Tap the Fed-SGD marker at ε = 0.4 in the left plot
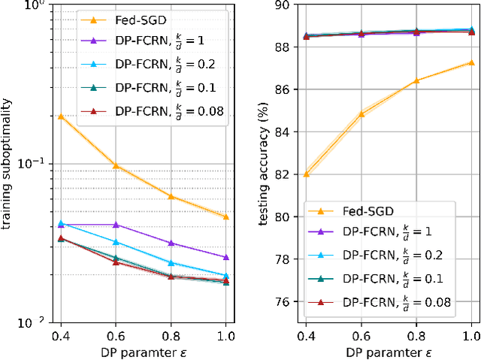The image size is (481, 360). pyautogui.click(x=61, y=116)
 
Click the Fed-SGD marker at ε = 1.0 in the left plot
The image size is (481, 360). pyautogui.click(x=226, y=216)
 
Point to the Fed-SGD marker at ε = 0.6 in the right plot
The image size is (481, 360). pyautogui.click(x=361, y=114)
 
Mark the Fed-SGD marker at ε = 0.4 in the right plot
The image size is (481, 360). pyautogui.click(x=306, y=174)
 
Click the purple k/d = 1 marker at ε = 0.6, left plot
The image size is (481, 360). pyautogui.click(x=116, y=225)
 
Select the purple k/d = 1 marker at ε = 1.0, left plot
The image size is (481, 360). pyautogui.click(x=226, y=257)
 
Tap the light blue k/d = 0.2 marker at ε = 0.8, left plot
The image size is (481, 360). pyautogui.click(x=171, y=263)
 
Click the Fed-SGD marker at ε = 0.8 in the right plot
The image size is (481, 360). pyautogui.click(x=416, y=80)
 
